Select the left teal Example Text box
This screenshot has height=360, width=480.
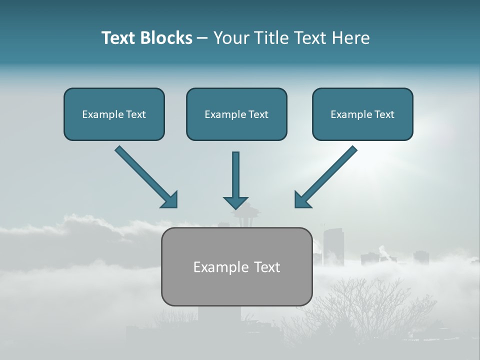114,114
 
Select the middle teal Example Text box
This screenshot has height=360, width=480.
236,114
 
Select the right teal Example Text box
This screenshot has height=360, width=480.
362,114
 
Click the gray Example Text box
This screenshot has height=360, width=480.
236,266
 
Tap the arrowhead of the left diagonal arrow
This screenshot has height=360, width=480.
170,200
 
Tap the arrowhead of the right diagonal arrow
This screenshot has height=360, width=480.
302,200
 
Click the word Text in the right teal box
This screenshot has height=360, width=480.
384,114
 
